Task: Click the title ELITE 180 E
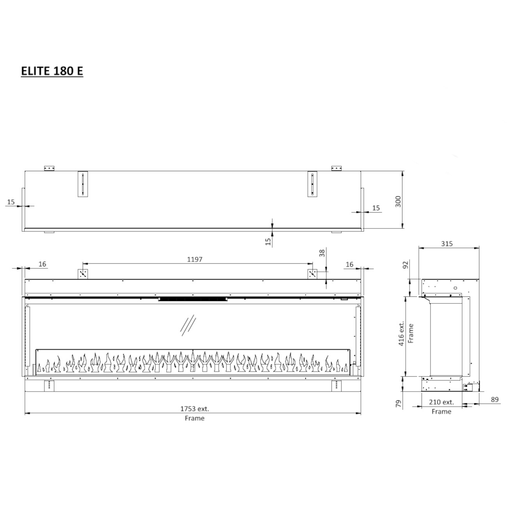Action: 52,71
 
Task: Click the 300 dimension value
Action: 398,201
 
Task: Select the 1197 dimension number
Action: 195,259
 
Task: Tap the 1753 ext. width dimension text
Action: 195,409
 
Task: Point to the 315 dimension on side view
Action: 447,244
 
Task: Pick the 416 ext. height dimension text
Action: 401,333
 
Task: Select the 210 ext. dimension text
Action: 441,402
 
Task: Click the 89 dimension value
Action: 495,399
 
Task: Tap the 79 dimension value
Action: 399,404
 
